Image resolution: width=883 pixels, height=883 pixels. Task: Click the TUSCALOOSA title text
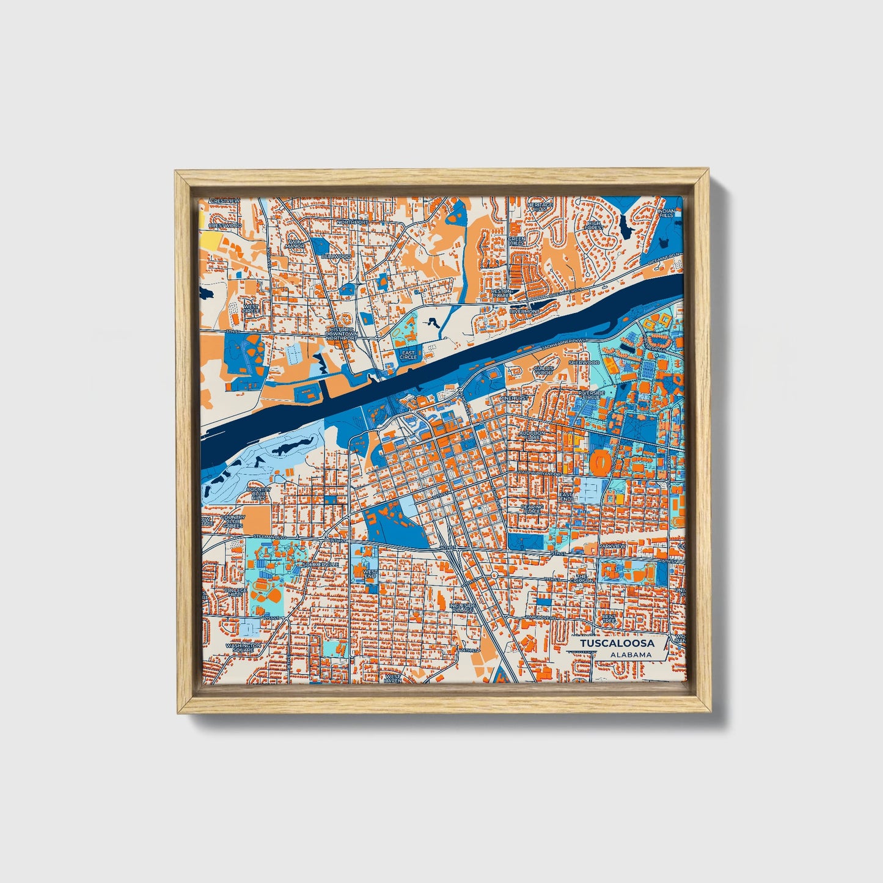point(617,643)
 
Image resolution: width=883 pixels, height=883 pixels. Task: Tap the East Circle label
point(408,355)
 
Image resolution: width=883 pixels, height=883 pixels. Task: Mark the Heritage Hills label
point(539,206)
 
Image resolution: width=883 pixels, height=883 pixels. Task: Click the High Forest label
point(593,225)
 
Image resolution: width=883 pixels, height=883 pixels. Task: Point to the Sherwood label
point(584,362)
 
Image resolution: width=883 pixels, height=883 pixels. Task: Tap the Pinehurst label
point(513,398)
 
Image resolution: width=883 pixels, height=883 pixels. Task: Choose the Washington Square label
point(243,647)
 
